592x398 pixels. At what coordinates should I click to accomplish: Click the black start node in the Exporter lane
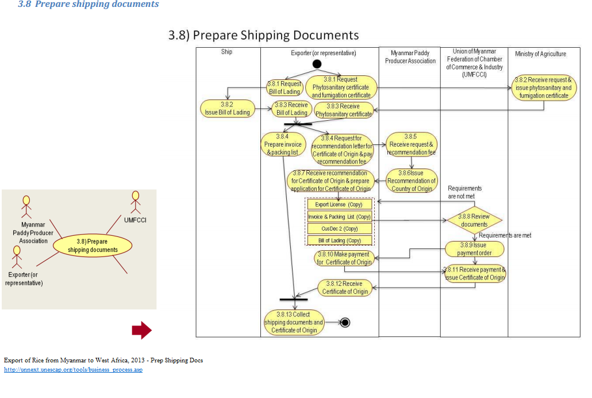click(x=316, y=64)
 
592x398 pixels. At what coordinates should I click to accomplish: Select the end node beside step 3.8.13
click(x=345, y=322)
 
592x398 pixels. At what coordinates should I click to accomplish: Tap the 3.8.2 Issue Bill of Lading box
click(x=228, y=108)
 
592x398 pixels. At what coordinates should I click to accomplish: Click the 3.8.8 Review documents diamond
click(x=474, y=220)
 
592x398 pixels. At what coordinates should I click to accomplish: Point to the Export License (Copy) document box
click(x=339, y=204)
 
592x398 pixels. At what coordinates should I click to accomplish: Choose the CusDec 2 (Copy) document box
click(x=339, y=228)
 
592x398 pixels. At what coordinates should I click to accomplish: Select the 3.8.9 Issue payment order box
click(x=474, y=249)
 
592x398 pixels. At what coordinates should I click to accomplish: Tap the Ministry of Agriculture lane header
click(x=540, y=54)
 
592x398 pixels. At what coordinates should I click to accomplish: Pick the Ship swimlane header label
click(x=227, y=52)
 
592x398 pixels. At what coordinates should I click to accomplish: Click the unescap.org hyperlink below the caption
click(x=73, y=370)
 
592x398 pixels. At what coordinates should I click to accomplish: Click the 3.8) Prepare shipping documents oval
click(x=93, y=246)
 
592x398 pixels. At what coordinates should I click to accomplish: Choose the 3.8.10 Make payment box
click(x=345, y=258)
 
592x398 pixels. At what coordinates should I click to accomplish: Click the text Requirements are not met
click(x=464, y=192)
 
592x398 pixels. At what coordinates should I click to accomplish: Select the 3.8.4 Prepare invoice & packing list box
click(x=283, y=144)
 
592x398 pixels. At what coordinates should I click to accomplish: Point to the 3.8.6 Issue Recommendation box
click(x=412, y=181)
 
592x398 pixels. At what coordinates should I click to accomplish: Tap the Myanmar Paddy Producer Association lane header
click(x=410, y=57)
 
